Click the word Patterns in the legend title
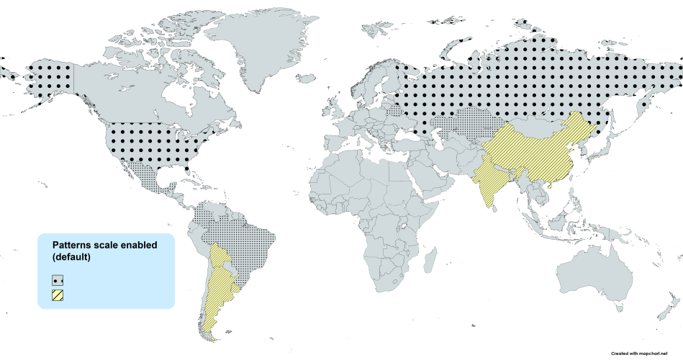coord(74,246)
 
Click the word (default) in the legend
coord(71,257)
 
